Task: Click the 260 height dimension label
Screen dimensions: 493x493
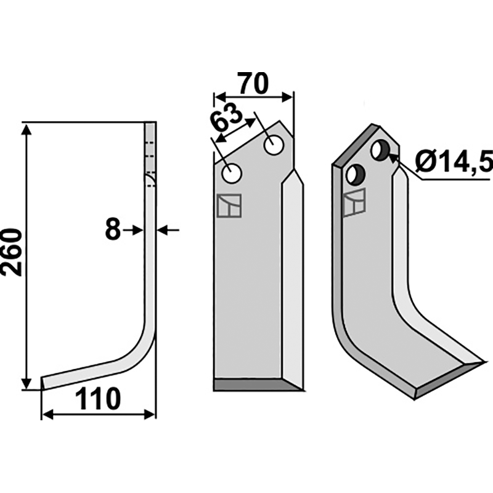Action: (11, 253)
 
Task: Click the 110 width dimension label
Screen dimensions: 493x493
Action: (98, 399)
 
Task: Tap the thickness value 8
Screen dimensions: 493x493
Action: (113, 229)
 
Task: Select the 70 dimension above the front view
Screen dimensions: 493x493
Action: (253, 84)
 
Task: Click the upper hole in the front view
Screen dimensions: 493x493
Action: (274, 145)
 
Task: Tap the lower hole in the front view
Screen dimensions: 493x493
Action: (232, 174)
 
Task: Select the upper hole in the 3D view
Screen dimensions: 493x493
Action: (381, 150)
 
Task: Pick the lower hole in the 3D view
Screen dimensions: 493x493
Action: (356, 175)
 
